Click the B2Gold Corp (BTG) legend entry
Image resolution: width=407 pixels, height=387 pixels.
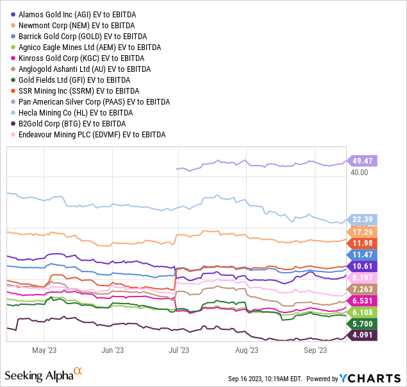click(72, 123)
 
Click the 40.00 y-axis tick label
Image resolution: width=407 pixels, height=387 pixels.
click(359, 173)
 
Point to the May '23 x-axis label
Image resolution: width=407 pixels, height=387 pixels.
click(44, 350)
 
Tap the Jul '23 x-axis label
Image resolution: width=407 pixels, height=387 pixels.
click(179, 350)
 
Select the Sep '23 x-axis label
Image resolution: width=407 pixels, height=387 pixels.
click(315, 350)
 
